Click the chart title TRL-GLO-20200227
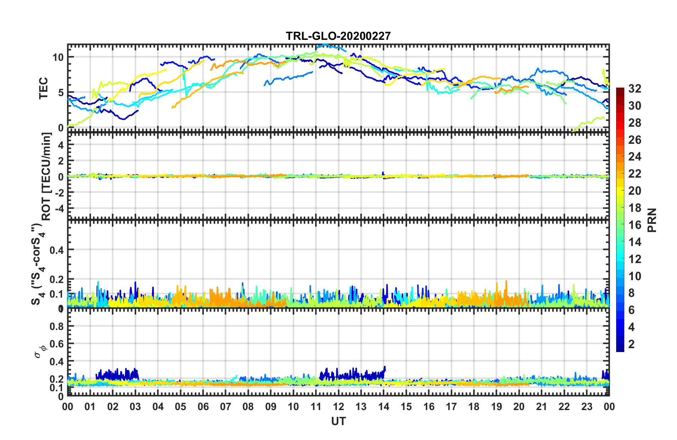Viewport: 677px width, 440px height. (x=338, y=36)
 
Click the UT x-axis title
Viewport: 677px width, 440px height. (x=338, y=421)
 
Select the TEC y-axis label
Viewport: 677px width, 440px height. (x=43, y=88)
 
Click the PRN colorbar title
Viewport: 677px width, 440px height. (x=652, y=220)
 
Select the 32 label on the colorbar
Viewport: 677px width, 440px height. (x=635, y=89)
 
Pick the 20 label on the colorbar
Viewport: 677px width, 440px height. (x=635, y=191)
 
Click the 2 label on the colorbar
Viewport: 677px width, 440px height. (x=631, y=344)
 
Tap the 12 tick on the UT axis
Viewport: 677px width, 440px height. (x=338, y=407)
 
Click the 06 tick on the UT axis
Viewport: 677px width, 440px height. (x=203, y=407)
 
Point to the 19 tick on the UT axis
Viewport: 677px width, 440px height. (x=497, y=407)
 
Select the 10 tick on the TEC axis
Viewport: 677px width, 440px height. (x=58, y=57)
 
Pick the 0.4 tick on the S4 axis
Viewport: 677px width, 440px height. (x=57, y=250)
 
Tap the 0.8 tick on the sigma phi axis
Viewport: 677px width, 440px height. (x=57, y=326)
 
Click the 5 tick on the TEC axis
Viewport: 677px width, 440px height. (x=61, y=93)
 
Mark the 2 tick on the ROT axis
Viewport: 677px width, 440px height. (x=61, y=161)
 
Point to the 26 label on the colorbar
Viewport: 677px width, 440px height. (x=635, y=140)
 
